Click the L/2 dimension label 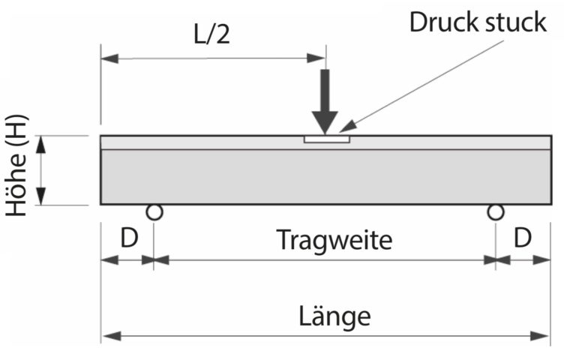(211, 35)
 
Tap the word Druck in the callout (444, 22)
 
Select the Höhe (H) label (16, 166)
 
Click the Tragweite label (334, 240)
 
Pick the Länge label (334, 316)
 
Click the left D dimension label (129, 238)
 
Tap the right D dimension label (523, 238)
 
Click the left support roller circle (154, 212)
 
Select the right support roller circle (495, 212)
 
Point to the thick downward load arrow (325, 102)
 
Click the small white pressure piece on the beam (326, 139)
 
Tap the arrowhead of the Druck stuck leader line (347, 127)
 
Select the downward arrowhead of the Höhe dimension (41, 196)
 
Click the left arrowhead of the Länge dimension (111, 336)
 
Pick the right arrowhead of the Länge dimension (540, 336)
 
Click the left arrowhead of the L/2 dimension (109, 58)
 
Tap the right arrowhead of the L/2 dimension (316, 58)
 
